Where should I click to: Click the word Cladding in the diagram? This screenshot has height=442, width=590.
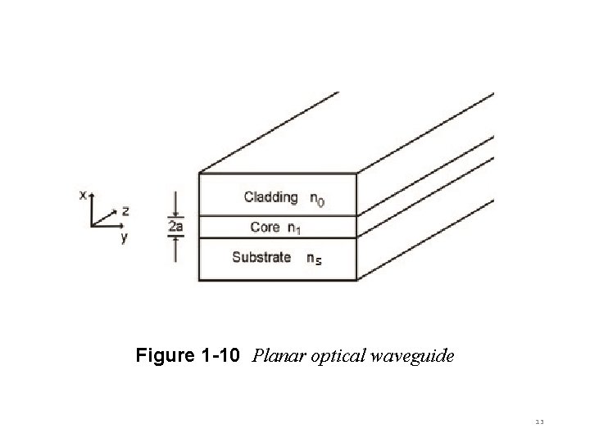(x=270, y=197)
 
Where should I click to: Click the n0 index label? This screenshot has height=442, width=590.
(x=316, y=199)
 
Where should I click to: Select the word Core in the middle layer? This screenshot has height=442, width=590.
(x=265, y=227)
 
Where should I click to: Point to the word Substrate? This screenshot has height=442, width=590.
(x=261, y=257)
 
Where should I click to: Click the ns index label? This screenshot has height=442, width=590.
(x=313, y=259)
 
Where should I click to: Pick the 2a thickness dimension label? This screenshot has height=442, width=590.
(x=176, y=227)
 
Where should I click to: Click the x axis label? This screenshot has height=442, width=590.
(x=82, y=195)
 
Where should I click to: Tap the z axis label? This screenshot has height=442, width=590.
(x=125, y=211)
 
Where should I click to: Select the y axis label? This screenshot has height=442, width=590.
(x=123, y=238)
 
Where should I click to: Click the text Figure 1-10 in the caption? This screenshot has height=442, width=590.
(x=188, y=356)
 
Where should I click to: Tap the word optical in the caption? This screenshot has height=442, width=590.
(x=335, y=356)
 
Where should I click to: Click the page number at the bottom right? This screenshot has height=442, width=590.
(x=539, y=420)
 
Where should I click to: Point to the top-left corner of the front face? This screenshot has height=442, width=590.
(x=199, y=173)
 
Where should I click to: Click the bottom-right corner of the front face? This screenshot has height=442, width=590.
(x=358, y=280)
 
